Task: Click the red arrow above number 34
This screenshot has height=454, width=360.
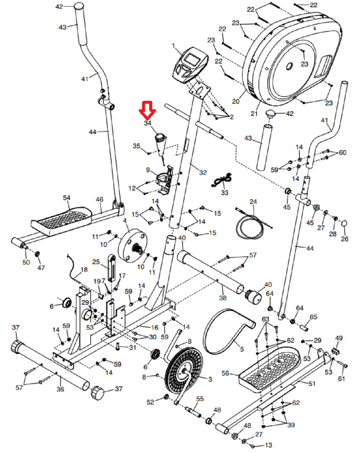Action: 147,110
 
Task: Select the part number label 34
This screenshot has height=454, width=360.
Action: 148,123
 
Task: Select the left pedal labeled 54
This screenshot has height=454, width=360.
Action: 62,219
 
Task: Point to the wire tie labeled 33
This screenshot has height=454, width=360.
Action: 223,180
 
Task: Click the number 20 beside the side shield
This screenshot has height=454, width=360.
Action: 236,101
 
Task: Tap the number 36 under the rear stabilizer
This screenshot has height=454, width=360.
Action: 60,389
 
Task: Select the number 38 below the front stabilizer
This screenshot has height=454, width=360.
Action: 223,298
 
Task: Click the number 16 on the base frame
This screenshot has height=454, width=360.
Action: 154,327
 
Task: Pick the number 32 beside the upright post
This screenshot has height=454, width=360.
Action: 203,173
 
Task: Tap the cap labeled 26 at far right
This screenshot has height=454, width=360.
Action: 344,224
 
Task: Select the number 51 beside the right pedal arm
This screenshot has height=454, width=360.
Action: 312,384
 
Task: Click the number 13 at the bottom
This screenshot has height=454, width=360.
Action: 268,445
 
